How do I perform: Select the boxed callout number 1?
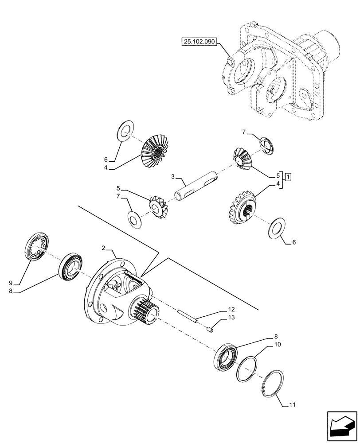(x=288, y=178)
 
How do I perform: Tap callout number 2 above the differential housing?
(x=103, y=249)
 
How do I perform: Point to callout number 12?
(x=231, y=308)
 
